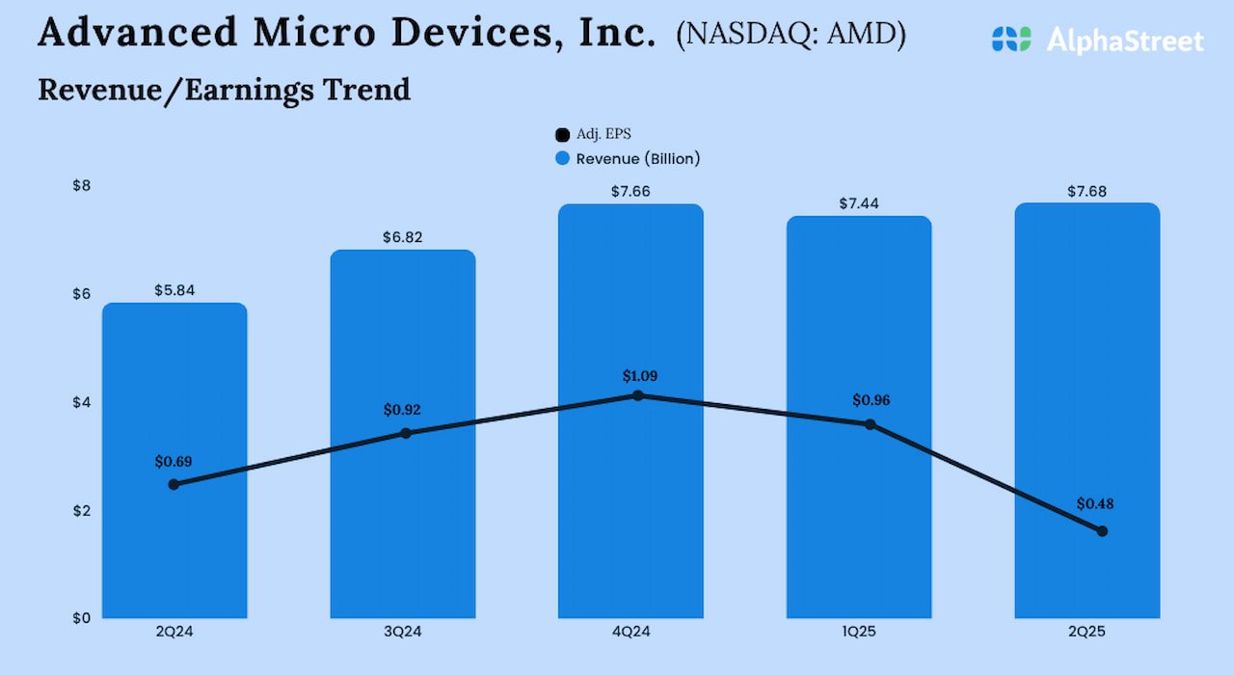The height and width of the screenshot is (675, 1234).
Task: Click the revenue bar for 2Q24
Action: (x=174, y=540)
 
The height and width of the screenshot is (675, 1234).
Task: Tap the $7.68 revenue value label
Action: (x=1086, y=192)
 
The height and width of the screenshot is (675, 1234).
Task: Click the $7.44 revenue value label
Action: (x=858, y=204)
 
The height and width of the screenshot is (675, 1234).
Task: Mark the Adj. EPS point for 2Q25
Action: (x=1102, y=531)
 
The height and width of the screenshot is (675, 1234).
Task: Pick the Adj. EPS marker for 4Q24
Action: (x=637, y=395)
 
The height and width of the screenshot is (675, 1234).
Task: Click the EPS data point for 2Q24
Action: (x=174, y=484)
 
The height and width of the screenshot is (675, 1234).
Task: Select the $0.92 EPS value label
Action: (x=402, y=410)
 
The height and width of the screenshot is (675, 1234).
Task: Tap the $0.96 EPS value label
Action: (x=872, y=401)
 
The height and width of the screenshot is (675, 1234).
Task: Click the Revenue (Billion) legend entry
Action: (x=628, y=159)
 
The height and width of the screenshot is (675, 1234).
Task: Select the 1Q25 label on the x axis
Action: (x=858, y=633)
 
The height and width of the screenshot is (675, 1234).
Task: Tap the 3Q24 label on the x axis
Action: (x=402, y=633)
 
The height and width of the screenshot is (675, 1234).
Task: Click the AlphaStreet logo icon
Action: (x=1010, y=40)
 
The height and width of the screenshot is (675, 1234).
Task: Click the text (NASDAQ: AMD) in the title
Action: (x=791, y=36)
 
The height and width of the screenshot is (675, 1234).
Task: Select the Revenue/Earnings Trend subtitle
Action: (x=224, y=90)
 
